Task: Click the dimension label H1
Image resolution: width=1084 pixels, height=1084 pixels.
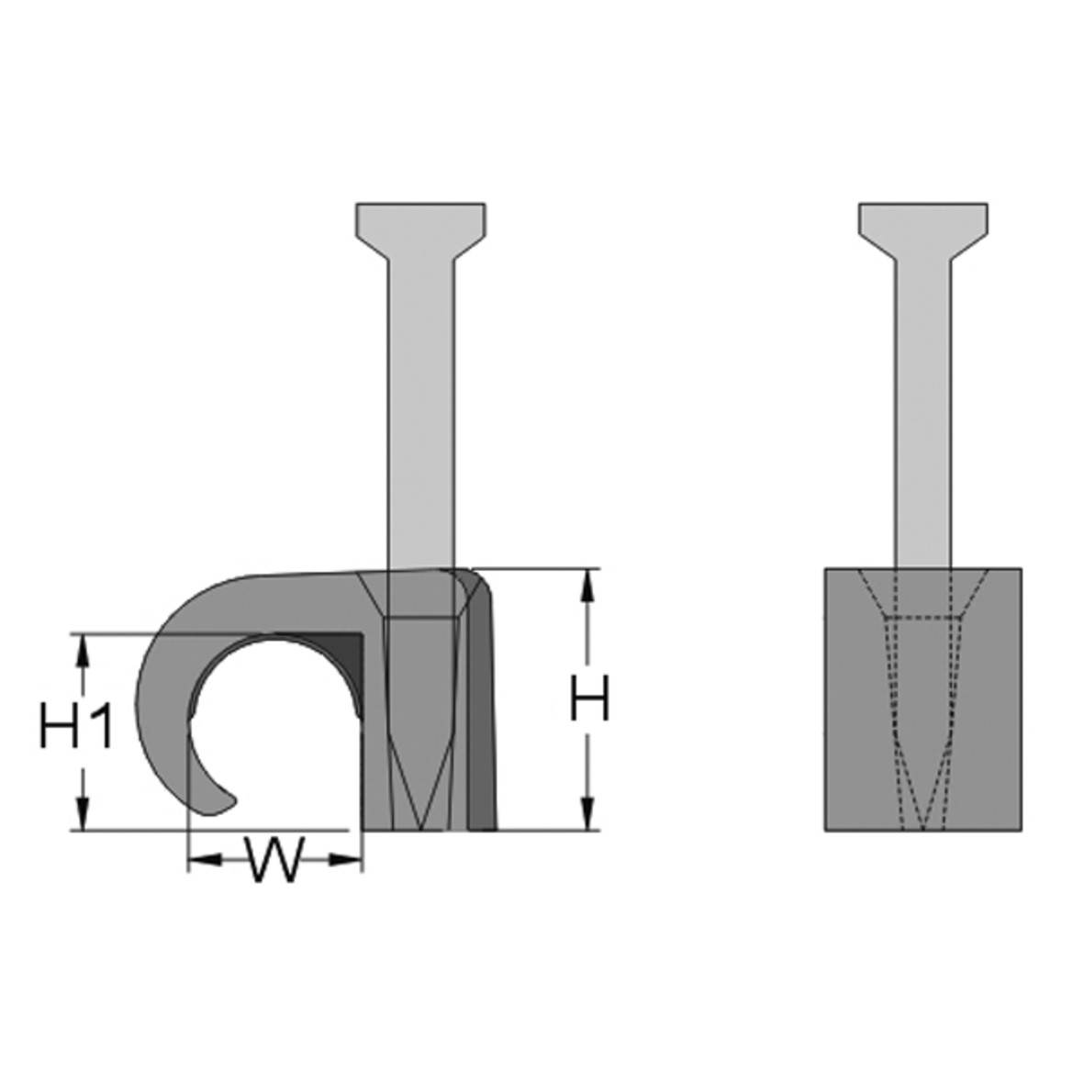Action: pos(77,727)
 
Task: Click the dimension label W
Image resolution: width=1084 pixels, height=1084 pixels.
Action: pos(274,861)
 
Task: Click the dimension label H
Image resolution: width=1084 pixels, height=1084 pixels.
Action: pos(588,700)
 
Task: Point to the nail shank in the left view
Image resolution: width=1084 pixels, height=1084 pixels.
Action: pos(420,413)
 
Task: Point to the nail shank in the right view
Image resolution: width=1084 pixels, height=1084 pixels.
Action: pos(923,413)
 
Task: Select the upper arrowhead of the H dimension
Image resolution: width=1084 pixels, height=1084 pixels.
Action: pos(587,585)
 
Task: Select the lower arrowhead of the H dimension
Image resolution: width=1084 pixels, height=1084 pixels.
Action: pos(587,815)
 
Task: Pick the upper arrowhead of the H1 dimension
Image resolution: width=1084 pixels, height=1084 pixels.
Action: pos(83,649)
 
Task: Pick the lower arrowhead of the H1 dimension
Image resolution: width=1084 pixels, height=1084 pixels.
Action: pos(83,815)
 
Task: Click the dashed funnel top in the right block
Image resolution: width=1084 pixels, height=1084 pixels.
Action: pos(923,592)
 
